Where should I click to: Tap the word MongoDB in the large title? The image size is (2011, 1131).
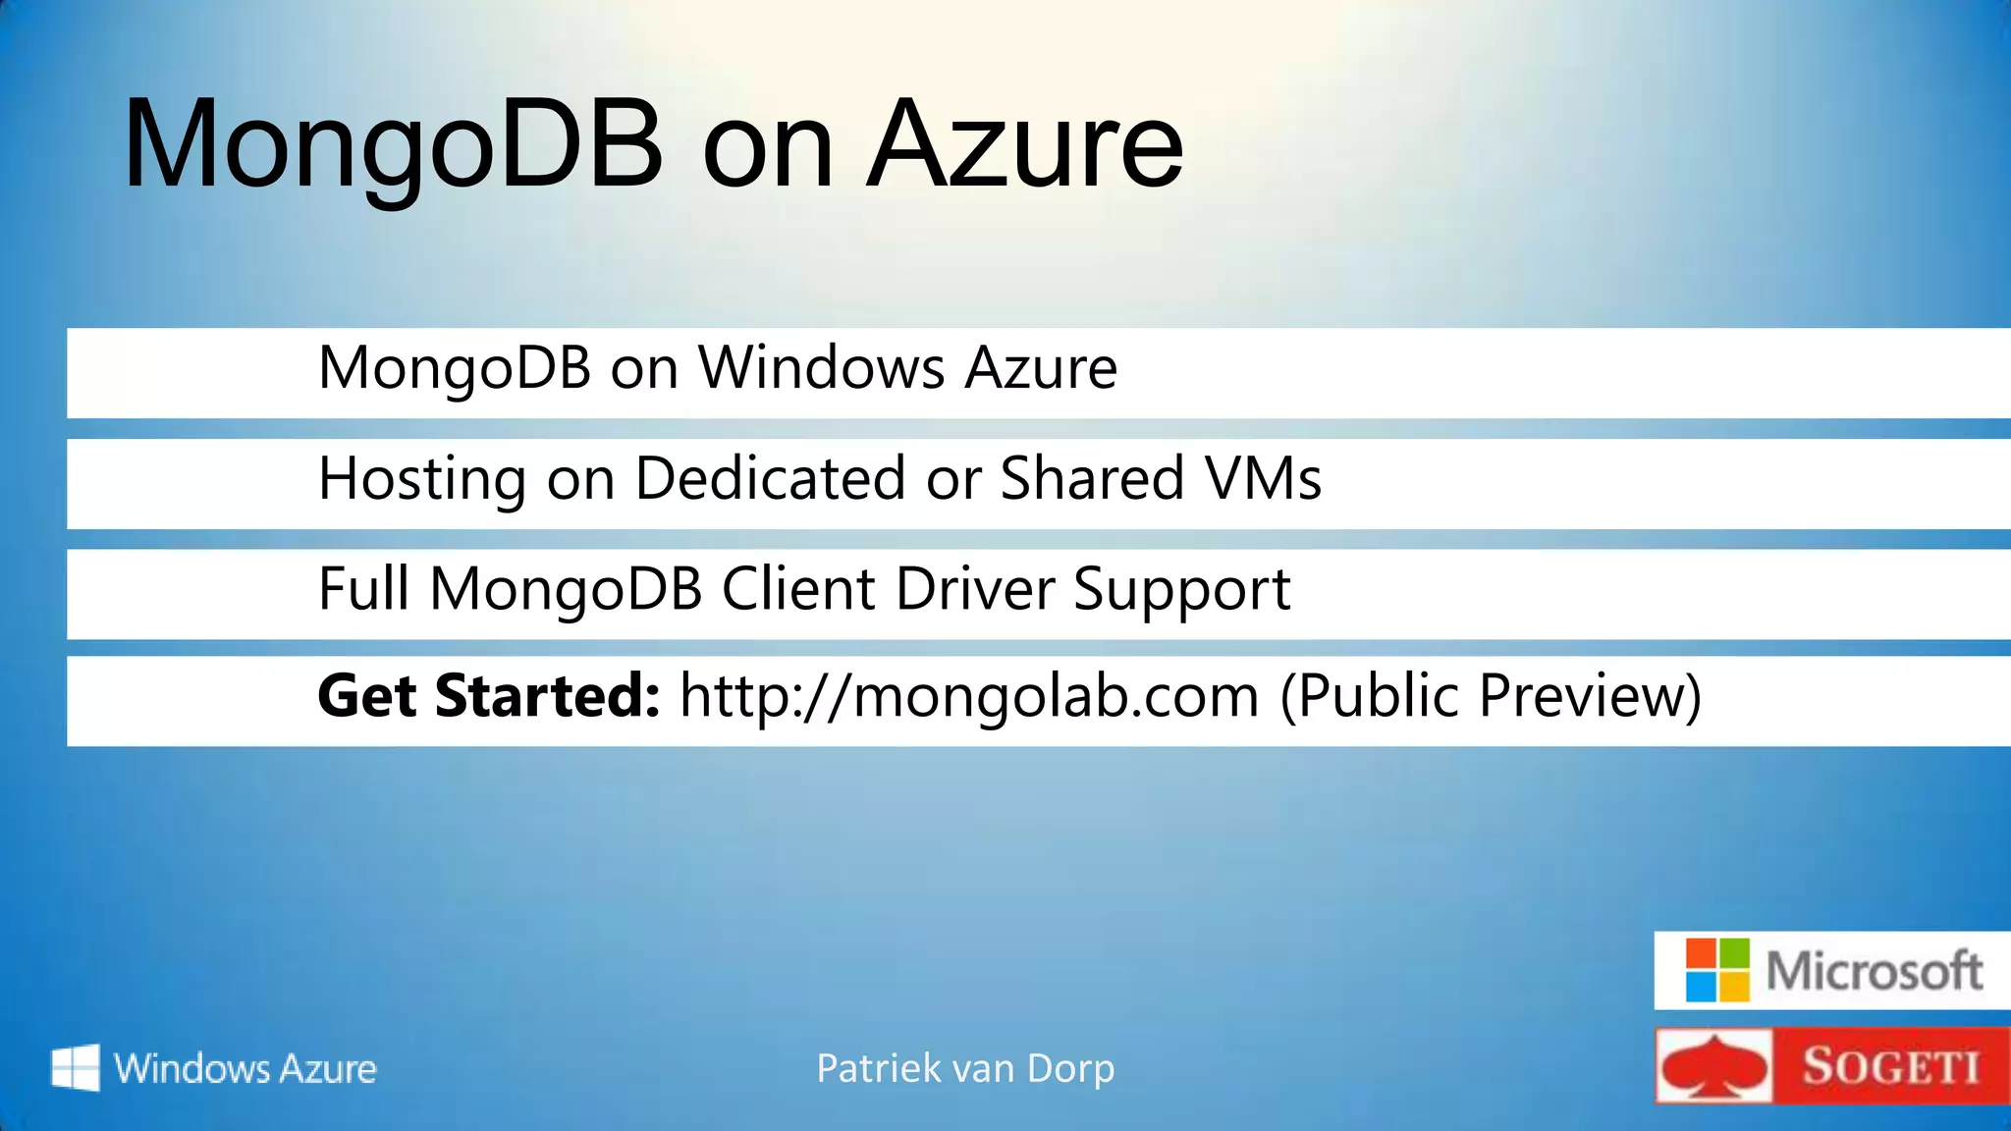(394, 145)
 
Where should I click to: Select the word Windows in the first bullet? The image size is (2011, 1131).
(821, 368)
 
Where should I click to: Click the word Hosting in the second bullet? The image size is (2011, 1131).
(422, 479)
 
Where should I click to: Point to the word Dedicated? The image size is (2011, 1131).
(770, 479)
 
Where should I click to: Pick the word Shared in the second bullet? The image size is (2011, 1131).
(1092, 479)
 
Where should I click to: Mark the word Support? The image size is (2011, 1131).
(1181, 591)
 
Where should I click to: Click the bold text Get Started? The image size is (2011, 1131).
(488, 696)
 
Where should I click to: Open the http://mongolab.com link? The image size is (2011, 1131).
(969, 696)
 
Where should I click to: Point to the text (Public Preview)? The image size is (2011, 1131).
(1491, 696)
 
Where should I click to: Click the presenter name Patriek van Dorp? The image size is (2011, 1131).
(965, 1068)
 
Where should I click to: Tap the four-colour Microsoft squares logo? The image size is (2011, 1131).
(1717, 970)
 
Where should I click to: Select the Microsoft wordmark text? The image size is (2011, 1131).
(1874, 971)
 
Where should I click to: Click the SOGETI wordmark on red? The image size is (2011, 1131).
(1890, 1067)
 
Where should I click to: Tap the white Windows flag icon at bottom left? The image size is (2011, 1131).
(76, 1067)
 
